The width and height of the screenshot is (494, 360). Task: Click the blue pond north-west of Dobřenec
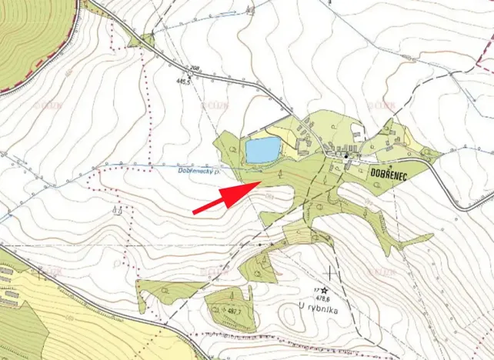(262, 149)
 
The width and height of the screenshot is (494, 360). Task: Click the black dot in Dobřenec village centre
(347, 157)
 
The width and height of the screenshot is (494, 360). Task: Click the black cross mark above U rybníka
(332, 272)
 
